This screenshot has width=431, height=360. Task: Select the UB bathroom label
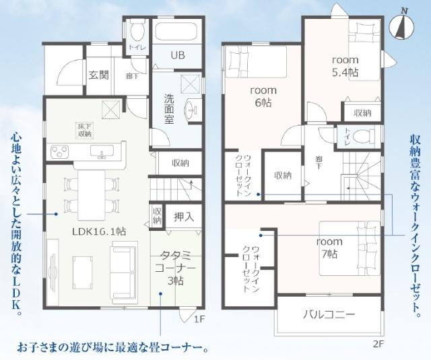tap(177, 55)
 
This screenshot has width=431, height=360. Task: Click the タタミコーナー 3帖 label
tap(178, 267)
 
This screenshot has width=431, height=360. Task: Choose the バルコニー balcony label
tap(329, 314)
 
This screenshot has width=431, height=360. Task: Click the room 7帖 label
tap(329, 247)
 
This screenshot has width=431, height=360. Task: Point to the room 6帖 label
tap(261, 96)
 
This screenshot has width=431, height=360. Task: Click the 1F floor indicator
tap(199, 319)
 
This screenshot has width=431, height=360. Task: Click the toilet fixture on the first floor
tap(137, 28)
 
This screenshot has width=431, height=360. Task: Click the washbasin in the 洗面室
tap(191, 109)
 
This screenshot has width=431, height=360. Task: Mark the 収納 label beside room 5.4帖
tap(362, 113)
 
